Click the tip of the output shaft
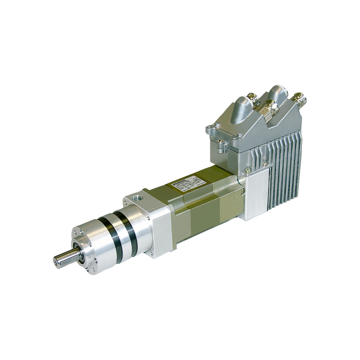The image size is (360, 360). [56, 261]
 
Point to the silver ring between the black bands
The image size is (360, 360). [119, 236]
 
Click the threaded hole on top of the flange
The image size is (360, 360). [136, 198]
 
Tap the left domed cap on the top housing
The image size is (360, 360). [240, 110]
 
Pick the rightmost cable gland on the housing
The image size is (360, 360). [297, 98]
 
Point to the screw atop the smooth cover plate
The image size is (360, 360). [247, 170]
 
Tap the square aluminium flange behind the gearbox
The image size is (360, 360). [159, 226]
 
